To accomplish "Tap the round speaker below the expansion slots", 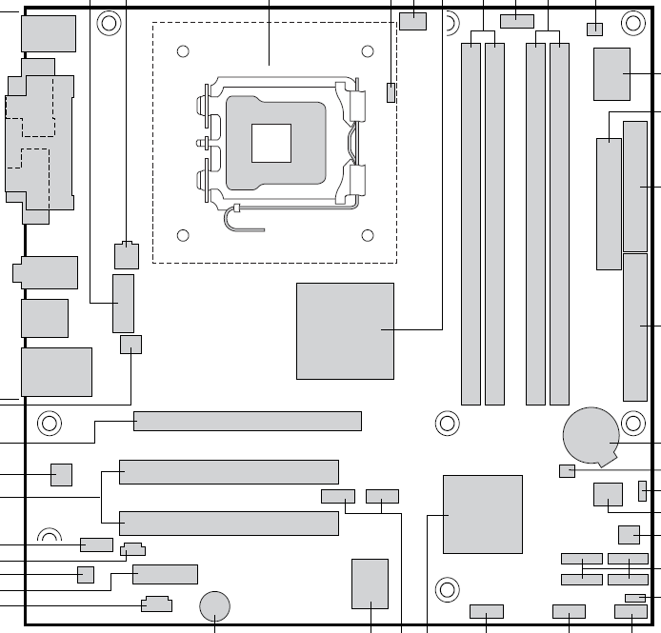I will point(216,604).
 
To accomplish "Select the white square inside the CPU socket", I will point(270,144).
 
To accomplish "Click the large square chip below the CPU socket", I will point(345,330).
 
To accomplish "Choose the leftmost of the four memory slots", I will point(471,221).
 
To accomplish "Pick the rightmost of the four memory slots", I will point(559,221).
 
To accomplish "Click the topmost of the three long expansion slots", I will point(248,421).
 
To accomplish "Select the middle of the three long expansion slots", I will point(229,471).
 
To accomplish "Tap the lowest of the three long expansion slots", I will point(229,523).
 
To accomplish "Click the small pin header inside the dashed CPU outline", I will point(391,92).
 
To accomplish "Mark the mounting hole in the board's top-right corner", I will point(632,21).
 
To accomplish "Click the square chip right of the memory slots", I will point(611,73).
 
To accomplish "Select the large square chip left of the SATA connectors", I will point(483,514).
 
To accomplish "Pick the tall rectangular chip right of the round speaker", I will point(370,584).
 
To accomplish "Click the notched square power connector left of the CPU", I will point(127,255).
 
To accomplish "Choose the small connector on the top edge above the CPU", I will point(413,21).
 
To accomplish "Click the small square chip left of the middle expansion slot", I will point(61,474).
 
